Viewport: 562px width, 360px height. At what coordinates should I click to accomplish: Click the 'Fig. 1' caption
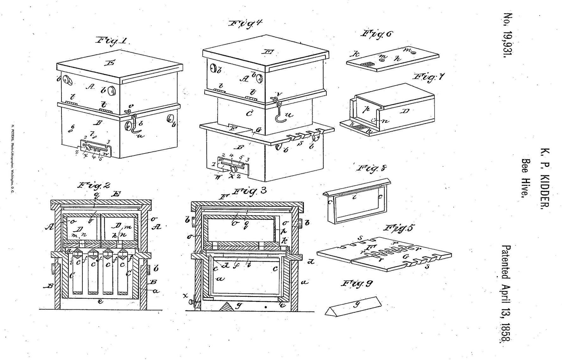111,41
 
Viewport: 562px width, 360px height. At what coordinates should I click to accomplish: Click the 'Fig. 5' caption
399,228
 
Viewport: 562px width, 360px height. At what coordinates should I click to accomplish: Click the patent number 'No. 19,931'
508,35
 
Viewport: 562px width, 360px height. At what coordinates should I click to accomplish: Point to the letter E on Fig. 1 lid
111,63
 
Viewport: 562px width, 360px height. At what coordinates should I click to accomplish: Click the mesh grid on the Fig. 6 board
367,65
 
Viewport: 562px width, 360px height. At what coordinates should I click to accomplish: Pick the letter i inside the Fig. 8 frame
355,197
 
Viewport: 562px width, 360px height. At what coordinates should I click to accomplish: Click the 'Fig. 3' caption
250,192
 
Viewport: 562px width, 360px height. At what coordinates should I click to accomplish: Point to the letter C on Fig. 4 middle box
249,113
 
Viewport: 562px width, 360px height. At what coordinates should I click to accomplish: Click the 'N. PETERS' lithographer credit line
12,158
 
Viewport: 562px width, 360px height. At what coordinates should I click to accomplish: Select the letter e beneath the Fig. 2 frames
100,301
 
